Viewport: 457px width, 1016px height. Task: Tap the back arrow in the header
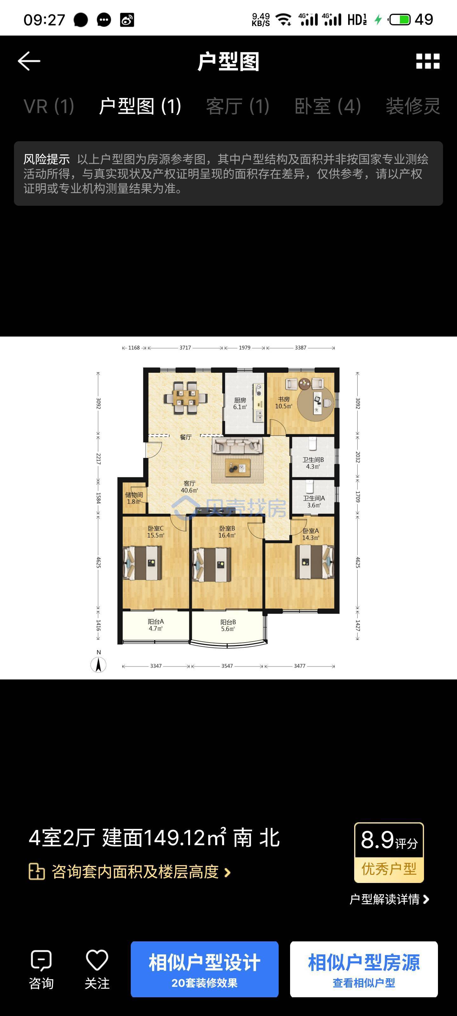[29, 61]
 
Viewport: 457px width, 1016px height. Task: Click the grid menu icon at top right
[428, 61]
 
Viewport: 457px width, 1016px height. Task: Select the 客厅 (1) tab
[238, 106]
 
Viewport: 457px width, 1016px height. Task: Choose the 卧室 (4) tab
[328, 106]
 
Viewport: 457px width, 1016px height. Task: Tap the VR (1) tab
[49, 106]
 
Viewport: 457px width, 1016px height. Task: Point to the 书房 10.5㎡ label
[283, 403]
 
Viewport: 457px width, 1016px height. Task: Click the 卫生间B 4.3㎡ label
[313, 463]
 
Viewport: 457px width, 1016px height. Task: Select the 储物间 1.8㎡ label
[134, 498]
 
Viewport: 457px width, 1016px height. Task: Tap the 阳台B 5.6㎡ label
[228, 625]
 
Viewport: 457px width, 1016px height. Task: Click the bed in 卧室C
[143, 563]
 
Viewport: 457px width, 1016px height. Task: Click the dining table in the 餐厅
[185, 398]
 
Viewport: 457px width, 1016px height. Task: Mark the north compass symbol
[99, 665]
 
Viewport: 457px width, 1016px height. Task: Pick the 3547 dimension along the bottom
[227, 666]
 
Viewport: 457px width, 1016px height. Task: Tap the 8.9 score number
[377, 840]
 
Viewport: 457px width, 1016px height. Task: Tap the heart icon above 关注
[97, 960]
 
